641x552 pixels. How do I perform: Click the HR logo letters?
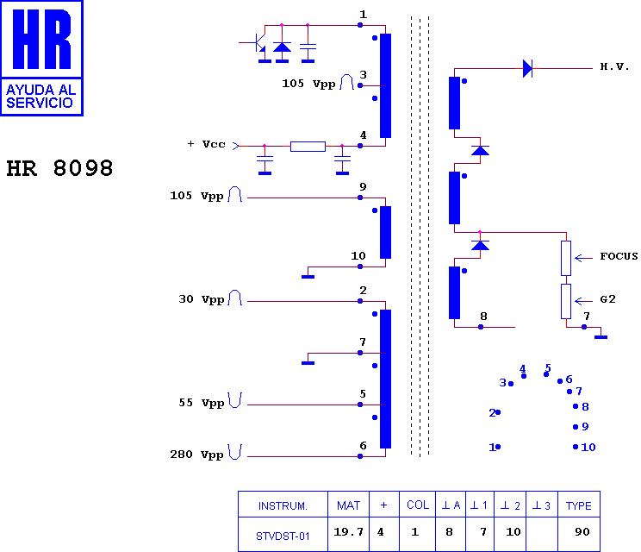[41, 39]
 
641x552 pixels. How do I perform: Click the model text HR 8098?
[59, 168]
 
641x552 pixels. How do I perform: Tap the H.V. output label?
[614, 66]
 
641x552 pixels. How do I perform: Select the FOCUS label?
[619, 256]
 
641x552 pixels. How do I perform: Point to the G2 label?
[607, 299]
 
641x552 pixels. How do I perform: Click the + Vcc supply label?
[206, 144]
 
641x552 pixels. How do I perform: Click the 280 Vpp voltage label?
[196, 455]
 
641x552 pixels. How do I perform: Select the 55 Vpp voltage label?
[201, 403]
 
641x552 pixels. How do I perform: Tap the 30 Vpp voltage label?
[201, 299]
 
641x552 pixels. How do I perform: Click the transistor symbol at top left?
[257, 42]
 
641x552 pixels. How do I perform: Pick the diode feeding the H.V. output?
[528, 68]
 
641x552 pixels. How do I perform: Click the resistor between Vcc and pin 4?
[308, 146]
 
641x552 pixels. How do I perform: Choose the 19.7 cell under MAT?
[348, 532]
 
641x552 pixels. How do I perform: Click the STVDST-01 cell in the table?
[283, 536]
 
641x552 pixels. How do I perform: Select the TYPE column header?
[578, 505]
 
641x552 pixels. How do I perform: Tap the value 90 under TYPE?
[582, 532]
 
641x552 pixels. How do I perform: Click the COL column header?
[418, 505]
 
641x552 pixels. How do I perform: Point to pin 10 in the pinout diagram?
[585, 448]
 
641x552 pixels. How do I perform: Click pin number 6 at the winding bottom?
[363, 446]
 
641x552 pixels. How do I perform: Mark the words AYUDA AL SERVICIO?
[41, 96]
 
